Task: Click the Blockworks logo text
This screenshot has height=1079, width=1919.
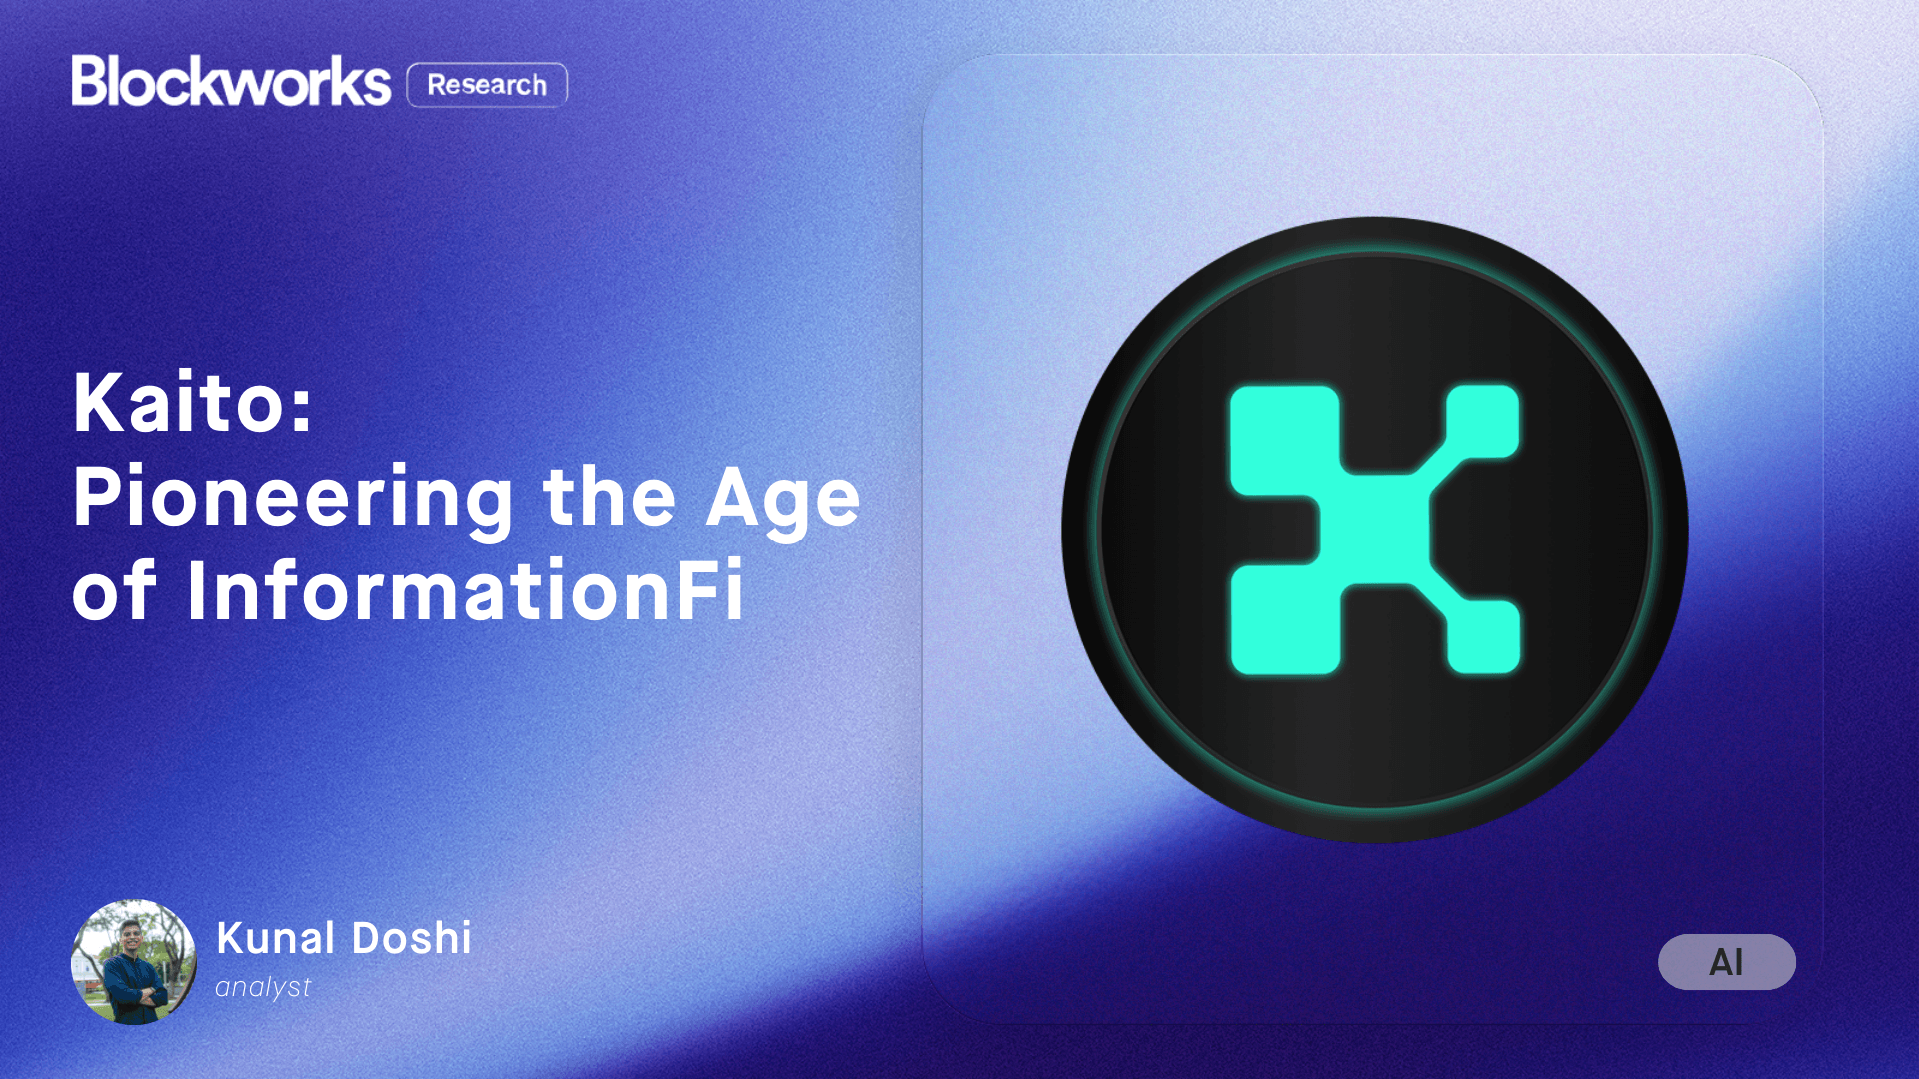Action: coord(231,81)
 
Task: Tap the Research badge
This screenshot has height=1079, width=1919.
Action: coord(487,85)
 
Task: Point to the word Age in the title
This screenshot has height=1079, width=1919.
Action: coord(783,499)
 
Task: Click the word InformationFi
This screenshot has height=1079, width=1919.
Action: coord(465,591)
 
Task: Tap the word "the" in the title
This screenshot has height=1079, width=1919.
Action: coord(609,497)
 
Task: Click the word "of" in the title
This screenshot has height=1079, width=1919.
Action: coord(113,591)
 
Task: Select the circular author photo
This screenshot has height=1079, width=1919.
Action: coord(134,962)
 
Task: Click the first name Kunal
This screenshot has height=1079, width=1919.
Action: coord(275,938)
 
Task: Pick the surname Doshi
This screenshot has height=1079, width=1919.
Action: coord(412,938)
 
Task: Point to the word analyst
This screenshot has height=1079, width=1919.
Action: coord(263,987)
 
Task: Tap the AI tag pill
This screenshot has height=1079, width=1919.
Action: coord(1726,962)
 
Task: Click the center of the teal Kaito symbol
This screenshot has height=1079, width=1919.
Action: coord(1375,530)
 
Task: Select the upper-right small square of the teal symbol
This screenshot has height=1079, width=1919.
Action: coord(1483,421)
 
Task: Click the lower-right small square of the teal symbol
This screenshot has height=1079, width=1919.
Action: coord(1483,636)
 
